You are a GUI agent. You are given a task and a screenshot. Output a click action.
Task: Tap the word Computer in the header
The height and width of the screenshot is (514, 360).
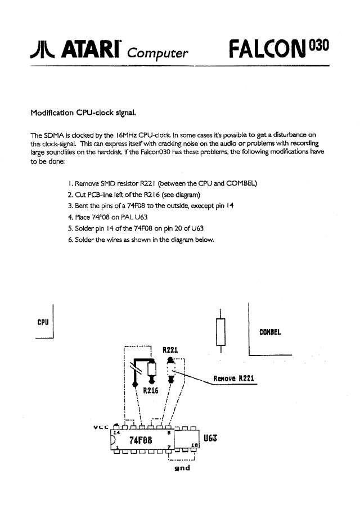(157, 53)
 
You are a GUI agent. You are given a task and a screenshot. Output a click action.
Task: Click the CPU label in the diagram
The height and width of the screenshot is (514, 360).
(43, 322)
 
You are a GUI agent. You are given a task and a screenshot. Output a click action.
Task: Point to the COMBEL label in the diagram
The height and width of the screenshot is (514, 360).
(270, 331)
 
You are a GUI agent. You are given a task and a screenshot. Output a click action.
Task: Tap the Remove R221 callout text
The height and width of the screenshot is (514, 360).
(233, 378)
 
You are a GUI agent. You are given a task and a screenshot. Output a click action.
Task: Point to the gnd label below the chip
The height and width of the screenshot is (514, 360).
(182, 468)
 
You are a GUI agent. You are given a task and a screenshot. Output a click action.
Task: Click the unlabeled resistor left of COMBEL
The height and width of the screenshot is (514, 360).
(220, 331)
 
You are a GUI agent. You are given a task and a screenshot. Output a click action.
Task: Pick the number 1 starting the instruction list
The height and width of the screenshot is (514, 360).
(69, 184)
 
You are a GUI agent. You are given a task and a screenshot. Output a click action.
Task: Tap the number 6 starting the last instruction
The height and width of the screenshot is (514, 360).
(69, 240)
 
